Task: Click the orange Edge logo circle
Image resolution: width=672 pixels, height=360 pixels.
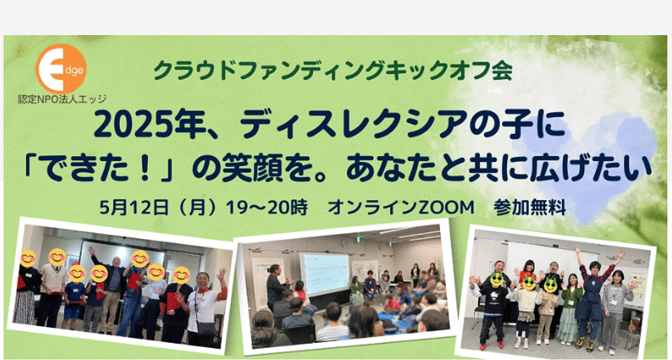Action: click(x=60, y=68)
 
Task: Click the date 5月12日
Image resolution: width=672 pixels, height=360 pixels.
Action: click(x=133, y=207)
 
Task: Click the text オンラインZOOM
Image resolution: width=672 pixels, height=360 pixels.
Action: click(x=398, y=207)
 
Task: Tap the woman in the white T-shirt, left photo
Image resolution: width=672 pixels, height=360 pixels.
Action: click(x=203, y=308)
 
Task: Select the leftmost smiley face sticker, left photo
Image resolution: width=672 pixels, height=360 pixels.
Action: click(x=28, y=259)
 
